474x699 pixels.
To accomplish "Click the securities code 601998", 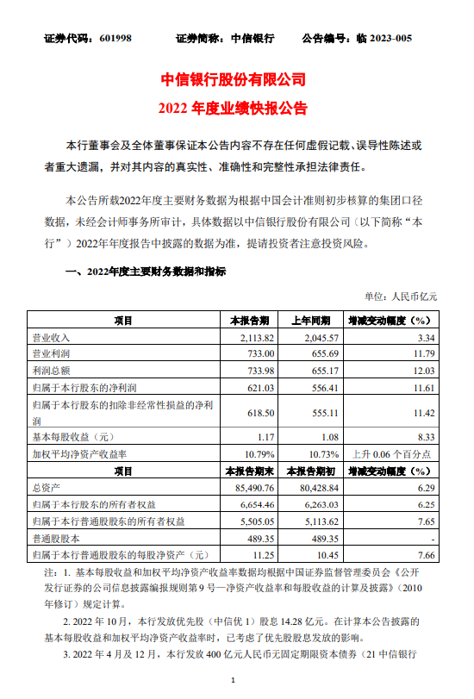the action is pyautogui.click(x=111, y=39).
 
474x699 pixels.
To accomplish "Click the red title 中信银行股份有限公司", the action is pyautogui.click(x=234, y=79).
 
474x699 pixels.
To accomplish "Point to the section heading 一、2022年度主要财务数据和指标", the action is pyautogui.click(x=147, y=271).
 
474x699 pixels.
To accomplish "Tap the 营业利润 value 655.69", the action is pyautogui.click(x=320, y=353).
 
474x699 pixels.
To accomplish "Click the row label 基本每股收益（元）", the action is pyautogui.click(x=73, y=437).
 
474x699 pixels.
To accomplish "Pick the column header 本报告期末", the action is pyautogui.click(x=249, y=471).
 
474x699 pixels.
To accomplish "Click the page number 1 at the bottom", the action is pyautogui.click(x=234, y=681).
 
